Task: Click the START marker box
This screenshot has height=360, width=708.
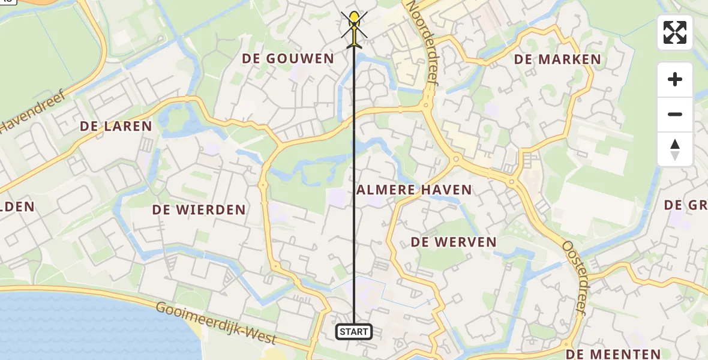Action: click(354, 332)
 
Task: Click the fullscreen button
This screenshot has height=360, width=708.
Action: click(675, 32)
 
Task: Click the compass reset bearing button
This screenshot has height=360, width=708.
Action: click(675, 149)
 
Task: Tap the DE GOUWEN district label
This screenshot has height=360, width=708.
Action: click(288, 58)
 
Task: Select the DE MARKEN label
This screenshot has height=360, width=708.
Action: click(557, 59)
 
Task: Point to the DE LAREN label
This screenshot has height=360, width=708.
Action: click(116, 127)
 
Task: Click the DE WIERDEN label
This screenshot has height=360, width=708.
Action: click(199, 209)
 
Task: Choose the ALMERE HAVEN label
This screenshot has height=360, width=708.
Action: click(414, 190)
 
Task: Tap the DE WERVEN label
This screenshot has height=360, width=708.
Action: click(454, 242)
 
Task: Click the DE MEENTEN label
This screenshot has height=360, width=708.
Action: click(613, 354)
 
